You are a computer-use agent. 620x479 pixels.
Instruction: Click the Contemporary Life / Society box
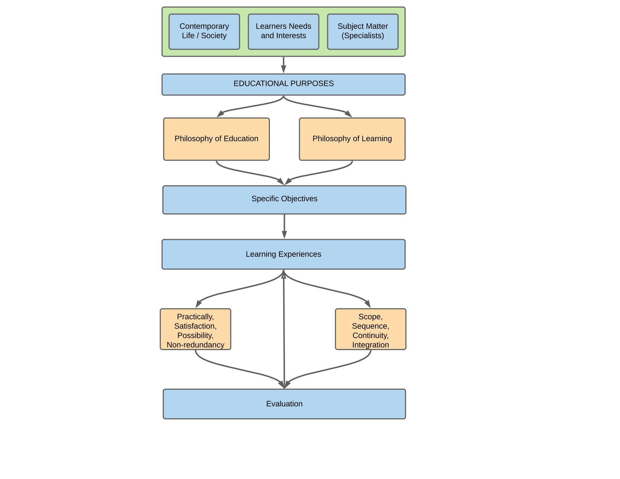pos(204,32)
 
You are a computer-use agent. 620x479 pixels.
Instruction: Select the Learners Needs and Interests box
pos(284,32)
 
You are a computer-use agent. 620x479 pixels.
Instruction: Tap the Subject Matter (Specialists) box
pos(363,32)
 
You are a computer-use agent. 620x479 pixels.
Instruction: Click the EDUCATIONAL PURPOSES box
pos(284,85)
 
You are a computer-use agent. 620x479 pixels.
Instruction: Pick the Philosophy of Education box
pos(216,139)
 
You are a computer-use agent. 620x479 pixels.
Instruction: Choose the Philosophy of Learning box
pos(352,139)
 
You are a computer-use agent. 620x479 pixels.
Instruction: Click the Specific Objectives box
pos(284,200)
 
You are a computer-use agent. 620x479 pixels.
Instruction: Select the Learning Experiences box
pos(284,254)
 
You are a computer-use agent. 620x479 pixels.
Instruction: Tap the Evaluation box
pos(284,404)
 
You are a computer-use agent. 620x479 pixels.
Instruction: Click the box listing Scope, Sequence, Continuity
pos(371,329)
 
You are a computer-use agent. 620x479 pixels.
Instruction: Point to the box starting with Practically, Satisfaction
pos(196,329)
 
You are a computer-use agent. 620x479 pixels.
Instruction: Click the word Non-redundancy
pos(196,345)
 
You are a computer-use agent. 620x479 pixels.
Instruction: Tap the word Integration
pos(371,345)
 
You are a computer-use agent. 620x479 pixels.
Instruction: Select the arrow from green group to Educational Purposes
pos(284,65)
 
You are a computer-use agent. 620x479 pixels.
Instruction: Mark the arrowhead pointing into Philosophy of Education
pos(221,113)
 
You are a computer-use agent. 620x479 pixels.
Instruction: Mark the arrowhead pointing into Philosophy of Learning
pos(348,113)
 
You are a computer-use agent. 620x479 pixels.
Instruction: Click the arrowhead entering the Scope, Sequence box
pos(367,304)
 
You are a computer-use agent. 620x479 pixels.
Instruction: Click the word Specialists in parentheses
pos(363,36)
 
